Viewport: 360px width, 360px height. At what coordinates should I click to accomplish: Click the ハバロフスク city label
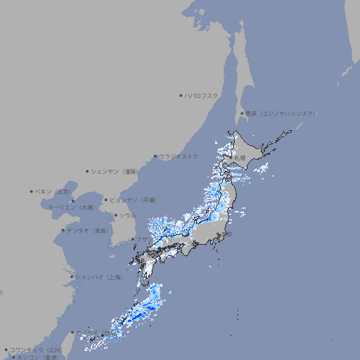point(202,95)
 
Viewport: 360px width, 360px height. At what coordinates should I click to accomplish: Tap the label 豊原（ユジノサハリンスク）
point(280,113)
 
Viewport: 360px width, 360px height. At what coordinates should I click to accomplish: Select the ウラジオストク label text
point(179,156)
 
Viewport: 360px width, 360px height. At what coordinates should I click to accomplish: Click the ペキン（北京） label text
point(53,191)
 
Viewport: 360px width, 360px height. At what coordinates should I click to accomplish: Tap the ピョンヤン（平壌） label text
point(134,200)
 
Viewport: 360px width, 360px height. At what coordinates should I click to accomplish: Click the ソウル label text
point(127,215)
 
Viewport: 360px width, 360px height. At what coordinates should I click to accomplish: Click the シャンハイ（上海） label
point(98,277)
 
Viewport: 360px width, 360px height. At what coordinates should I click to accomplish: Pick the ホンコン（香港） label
point(35,357)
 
